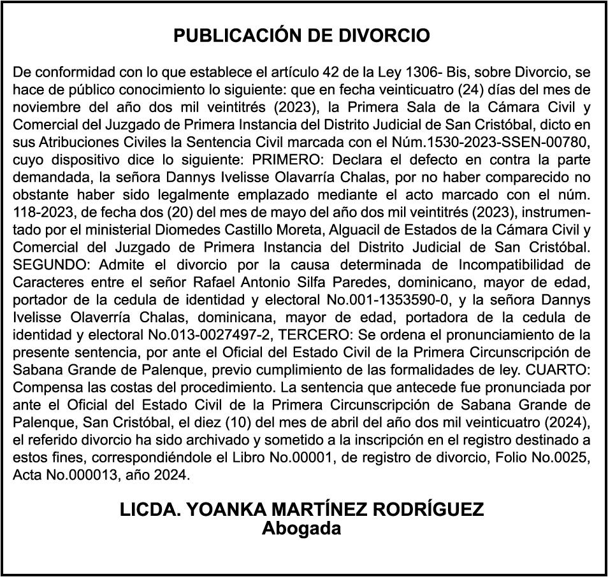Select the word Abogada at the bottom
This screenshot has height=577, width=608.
tap(302, 529)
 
